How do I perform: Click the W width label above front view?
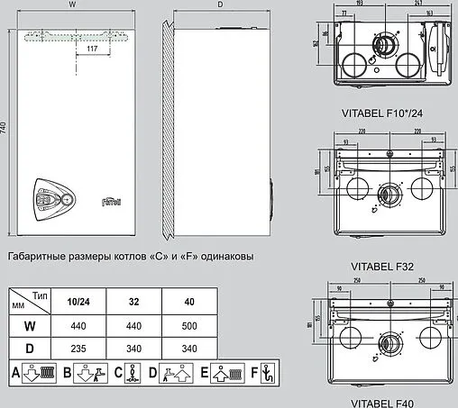tap(72, 5)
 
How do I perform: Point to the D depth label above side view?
tap(219, 5)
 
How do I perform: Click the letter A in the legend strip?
tap(15, 371)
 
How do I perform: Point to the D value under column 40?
tap(187, 347)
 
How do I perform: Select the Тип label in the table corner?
tap(39, 295)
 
